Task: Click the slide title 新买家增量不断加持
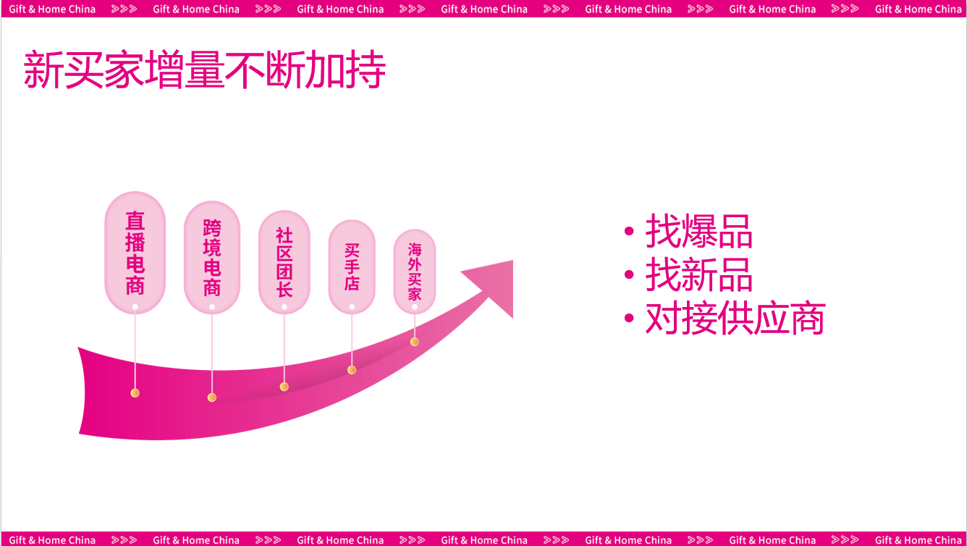[205, 70]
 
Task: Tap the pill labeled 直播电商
[135, 253]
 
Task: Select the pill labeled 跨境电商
[212, 258]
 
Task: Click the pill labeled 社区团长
[284, 262]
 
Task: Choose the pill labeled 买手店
[352, 267]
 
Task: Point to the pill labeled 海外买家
[415, 272]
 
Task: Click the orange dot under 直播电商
[135, 393]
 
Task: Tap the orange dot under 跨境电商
[212, 398]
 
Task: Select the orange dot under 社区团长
[284, 387]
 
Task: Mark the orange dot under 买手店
[352, 370]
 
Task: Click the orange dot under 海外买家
[415, 342]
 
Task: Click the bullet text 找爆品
[699, 232]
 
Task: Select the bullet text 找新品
[699, 274]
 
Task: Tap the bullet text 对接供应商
[735, 319]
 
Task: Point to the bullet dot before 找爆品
[629, 232]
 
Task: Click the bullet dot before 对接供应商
[629, 319]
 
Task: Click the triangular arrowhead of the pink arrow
[497, 285]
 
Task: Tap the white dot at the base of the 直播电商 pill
[135, 307]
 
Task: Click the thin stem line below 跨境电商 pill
[212, 352]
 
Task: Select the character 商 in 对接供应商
[807, 319]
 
